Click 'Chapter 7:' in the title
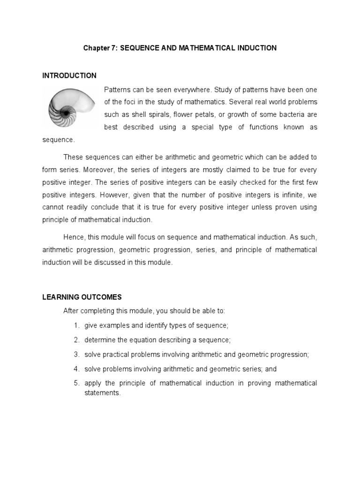pos(100,48)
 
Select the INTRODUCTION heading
pos(69,75)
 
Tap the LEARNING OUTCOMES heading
pos(82,297)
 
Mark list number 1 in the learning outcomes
pos(76,325)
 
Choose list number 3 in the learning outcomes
pos(76,354)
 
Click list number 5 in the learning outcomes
pos(76,383)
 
